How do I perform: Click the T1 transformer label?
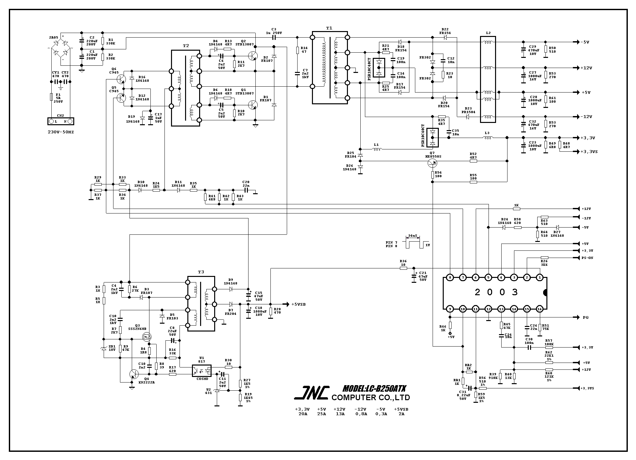pos(329,28)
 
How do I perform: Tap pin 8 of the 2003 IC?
pos(450,278)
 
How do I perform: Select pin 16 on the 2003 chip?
pos(539,309)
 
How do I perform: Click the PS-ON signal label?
pos(587,258)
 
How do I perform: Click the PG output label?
pos(585,317)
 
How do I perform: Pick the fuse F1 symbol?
pos(51,97)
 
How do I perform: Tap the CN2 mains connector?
pos(60,121)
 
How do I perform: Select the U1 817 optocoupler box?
pos(201,371)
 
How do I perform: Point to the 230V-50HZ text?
pos(60,133)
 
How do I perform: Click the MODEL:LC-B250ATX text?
pos(374,389)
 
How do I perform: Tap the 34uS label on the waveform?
pos(413,236)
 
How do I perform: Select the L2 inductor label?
pos(488,33)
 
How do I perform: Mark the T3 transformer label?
pos(201,272)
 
